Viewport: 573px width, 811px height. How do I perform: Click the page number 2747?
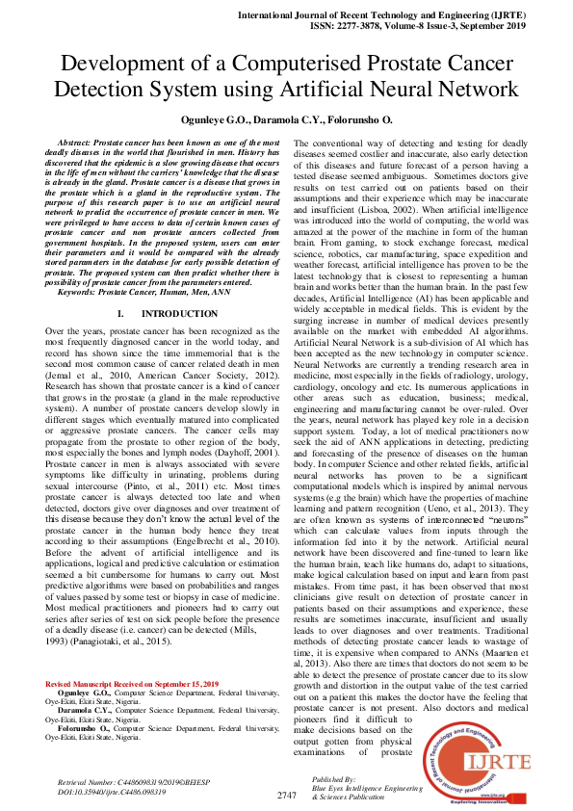coord(287,795)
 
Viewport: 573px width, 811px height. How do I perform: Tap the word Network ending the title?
coord(470,91)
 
